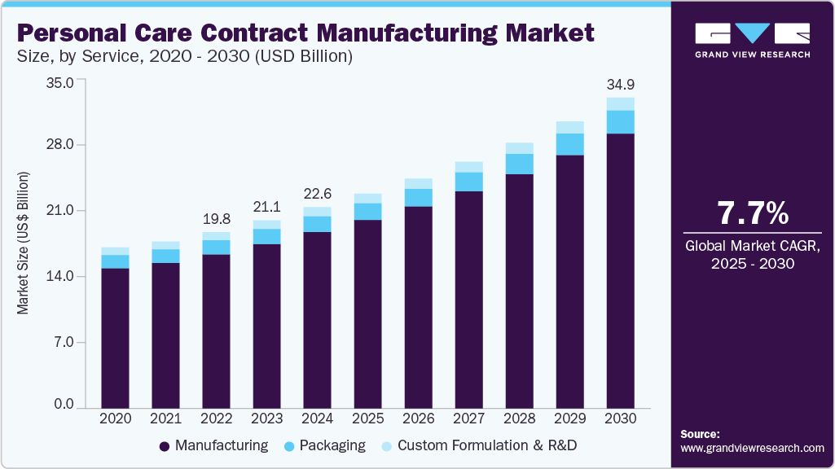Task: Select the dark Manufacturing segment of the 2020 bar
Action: pos(115,337)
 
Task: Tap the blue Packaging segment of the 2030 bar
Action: pos(620,122)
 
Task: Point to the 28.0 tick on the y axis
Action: pos(62,145)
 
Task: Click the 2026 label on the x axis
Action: pos(418,419)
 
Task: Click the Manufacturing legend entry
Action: pos(213,445)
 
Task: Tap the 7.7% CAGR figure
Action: pos(752,213)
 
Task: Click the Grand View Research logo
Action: pos(752,40)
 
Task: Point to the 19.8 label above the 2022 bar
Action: pos(216,220)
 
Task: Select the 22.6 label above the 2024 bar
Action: pos(317,195)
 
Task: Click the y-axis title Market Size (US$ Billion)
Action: pos(24,243)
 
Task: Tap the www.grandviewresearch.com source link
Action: pos(752,448)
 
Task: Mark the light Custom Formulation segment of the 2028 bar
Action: pos(519,148)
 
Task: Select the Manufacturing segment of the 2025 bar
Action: pos(367,313)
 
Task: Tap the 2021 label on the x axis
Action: pos(165,419)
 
